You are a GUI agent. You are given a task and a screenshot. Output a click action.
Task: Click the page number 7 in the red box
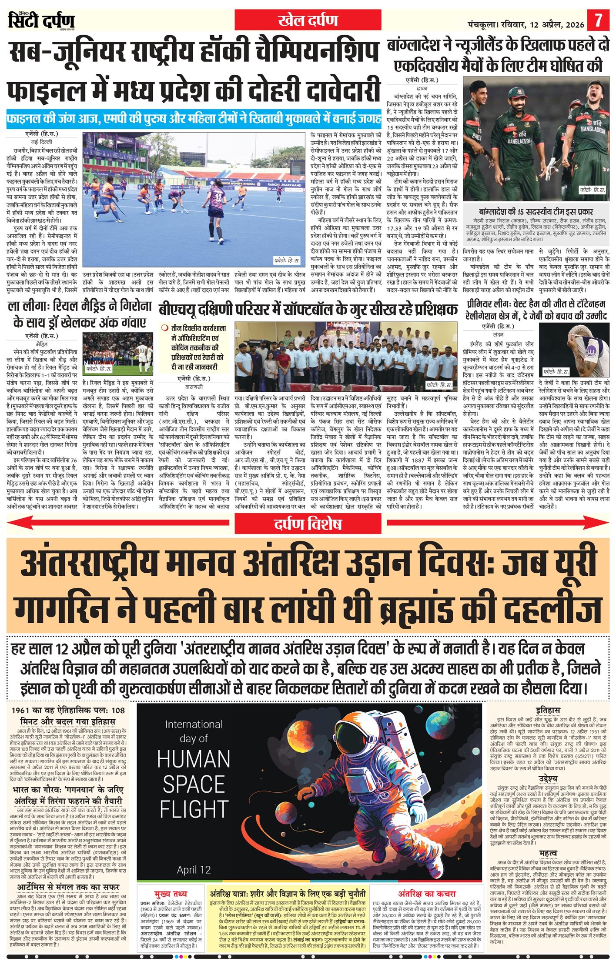(599, 20)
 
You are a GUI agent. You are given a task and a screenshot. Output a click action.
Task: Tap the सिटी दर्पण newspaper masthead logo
(41, 20)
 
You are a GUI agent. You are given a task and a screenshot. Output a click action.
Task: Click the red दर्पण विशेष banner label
(308, 524)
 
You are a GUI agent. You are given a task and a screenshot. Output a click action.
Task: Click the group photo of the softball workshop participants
(346, 356)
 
